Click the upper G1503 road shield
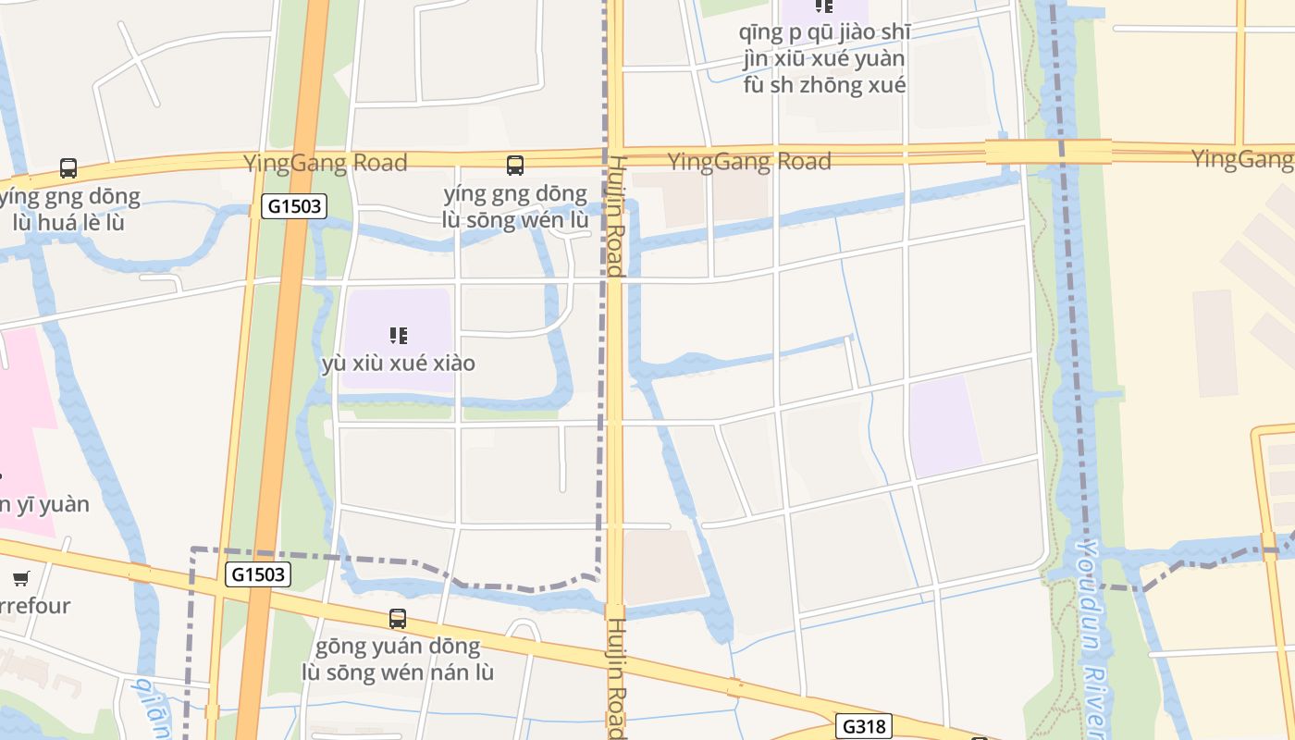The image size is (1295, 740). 295,206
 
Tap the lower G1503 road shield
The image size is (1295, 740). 258,574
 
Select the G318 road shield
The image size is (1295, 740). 865,727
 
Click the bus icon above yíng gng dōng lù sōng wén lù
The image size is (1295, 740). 515,166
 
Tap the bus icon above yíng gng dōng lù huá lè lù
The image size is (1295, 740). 68,168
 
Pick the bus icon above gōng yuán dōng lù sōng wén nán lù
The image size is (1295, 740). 398,618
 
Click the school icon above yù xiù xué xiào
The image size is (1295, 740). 399,335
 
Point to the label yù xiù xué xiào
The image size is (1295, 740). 399,363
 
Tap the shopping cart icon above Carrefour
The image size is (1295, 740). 20,578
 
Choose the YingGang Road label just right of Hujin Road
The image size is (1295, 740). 749,162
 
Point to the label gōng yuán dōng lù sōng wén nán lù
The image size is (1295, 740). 399,659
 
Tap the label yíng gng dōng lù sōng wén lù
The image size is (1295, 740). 515,206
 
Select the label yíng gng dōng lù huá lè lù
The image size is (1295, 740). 70,209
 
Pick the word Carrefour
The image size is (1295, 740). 33,606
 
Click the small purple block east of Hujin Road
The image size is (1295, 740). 943,425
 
